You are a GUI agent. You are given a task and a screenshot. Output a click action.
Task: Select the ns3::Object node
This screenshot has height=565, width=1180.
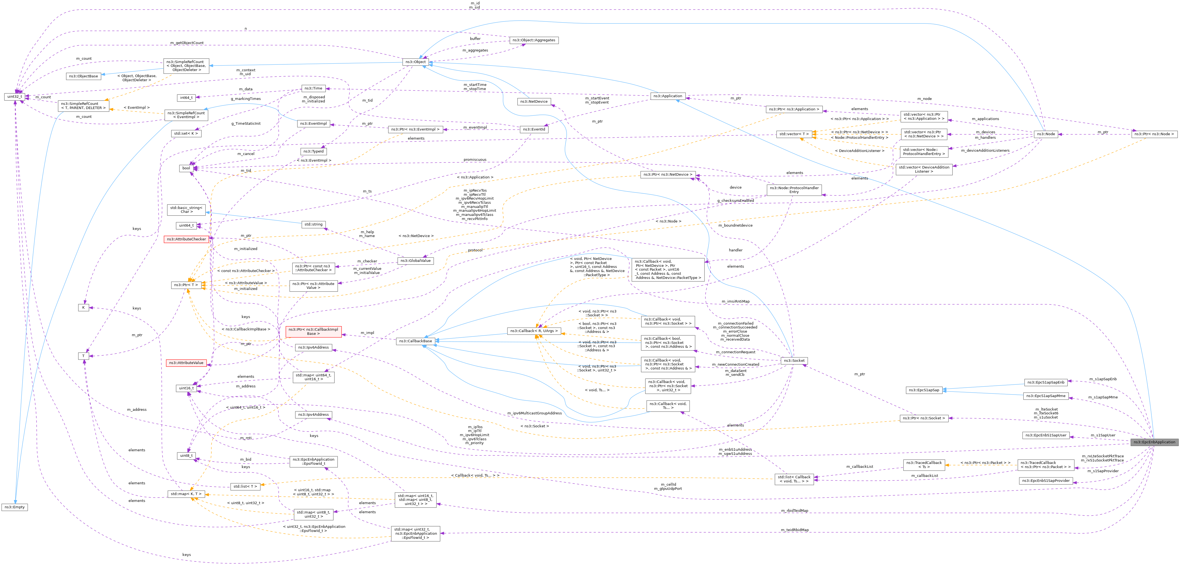(x=415, y=62)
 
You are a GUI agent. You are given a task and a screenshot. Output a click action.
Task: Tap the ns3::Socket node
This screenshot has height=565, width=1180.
(x=794, y=361)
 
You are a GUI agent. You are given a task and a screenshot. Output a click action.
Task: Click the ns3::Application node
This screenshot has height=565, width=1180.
(x=668, y=96)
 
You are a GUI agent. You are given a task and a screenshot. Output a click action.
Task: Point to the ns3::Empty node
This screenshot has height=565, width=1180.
(x=15, y=507)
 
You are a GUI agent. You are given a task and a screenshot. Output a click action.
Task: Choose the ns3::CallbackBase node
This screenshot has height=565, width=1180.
(x=415, y=341)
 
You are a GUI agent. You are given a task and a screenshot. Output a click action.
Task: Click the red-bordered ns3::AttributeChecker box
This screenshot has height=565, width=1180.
(x=186, y=239)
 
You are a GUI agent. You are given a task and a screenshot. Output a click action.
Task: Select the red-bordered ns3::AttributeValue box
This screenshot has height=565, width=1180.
(x=186, y=363)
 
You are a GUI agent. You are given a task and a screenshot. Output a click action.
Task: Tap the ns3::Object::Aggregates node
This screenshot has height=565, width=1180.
(x=534, y=40)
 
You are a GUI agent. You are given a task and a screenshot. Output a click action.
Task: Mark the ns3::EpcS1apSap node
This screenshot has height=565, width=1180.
(x=924, y=390)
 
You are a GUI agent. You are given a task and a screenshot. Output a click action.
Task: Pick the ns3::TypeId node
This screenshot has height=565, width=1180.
(x=313, y=151)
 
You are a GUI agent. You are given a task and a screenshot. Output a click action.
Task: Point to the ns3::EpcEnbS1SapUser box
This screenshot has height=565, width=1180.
(x=1046, y=435)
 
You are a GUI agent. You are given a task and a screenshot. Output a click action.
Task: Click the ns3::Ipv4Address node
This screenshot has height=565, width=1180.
(x=313, y=415)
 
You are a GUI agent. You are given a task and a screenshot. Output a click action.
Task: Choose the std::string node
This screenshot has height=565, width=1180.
(x=313, y=224)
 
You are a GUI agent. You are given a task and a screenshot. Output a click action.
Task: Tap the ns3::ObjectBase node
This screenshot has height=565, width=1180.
(x=83, y=76)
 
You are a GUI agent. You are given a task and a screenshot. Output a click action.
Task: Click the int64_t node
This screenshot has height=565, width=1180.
(x=186, y=97)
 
